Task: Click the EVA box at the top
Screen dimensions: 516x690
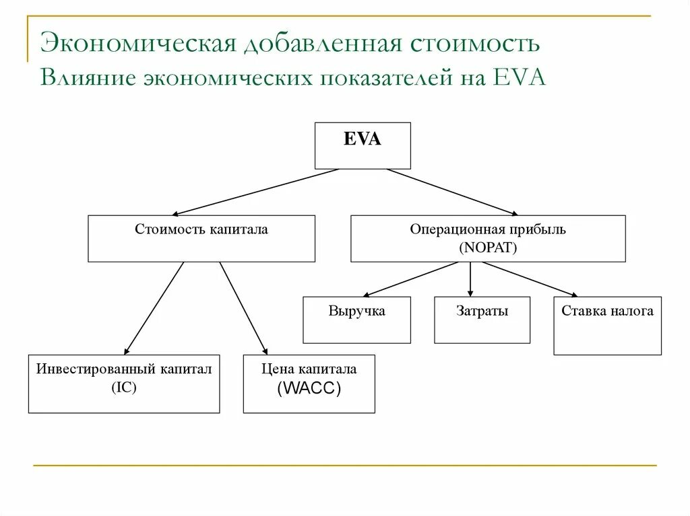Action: click(x=363, y=145)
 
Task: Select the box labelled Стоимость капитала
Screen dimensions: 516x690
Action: click(x=201, y=238)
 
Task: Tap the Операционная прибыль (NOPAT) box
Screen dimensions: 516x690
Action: click(x=488, y=238)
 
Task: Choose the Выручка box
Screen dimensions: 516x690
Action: click(x=356, y=320)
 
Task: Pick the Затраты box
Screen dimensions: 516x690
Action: click(x=482, y=320)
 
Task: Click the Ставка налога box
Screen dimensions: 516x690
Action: click(x=607, y=326)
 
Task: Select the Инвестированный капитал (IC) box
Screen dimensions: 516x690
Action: click(x=124, y=383)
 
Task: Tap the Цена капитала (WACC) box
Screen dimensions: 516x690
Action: click(x=309, y=383)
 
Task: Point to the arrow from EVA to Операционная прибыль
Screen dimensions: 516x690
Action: click(x=453, y=192)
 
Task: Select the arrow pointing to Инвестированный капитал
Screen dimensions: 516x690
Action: click(x=154, y=307)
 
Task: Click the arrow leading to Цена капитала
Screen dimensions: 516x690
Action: click(x=244, y=307)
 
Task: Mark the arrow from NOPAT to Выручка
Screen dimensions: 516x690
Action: click(x=416, y=279)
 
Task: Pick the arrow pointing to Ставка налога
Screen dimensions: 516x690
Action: click(x=530, y=279)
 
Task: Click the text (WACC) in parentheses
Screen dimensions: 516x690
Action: click(x=309, y=389)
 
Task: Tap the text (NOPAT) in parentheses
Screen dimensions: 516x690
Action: click(x=488, y=247)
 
